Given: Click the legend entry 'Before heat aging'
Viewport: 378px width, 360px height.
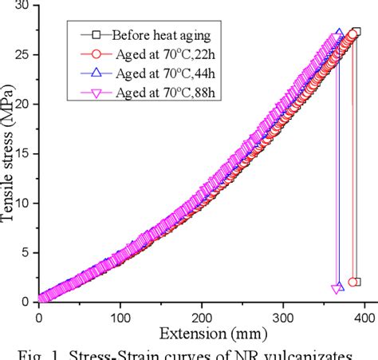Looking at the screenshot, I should (x=152, y=34).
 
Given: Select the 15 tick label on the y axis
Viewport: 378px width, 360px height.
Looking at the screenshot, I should (x=26, y=153).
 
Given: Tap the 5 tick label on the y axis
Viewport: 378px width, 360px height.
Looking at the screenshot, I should (x=30, y=251).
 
